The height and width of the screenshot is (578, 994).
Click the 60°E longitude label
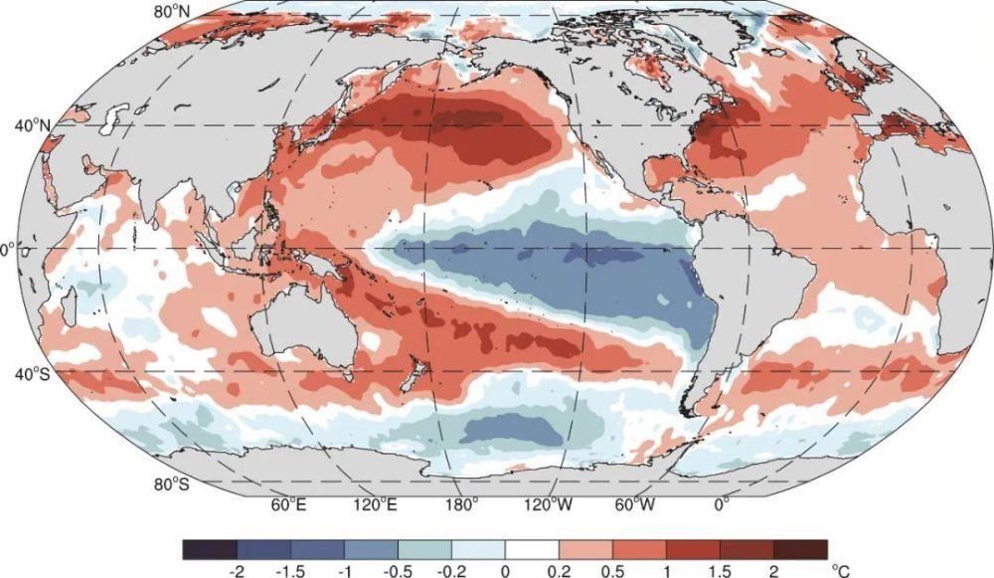click(288, 505)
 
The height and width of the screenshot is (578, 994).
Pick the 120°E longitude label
click(376, 505)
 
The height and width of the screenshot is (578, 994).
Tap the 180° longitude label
click(462, 505)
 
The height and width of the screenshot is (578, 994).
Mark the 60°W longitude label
click(633, 505)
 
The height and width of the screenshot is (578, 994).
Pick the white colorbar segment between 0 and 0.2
click(532, 549)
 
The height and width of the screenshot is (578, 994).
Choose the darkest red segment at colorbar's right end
click(800, 549)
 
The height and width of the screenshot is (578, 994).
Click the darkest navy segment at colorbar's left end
click(210, 549)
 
